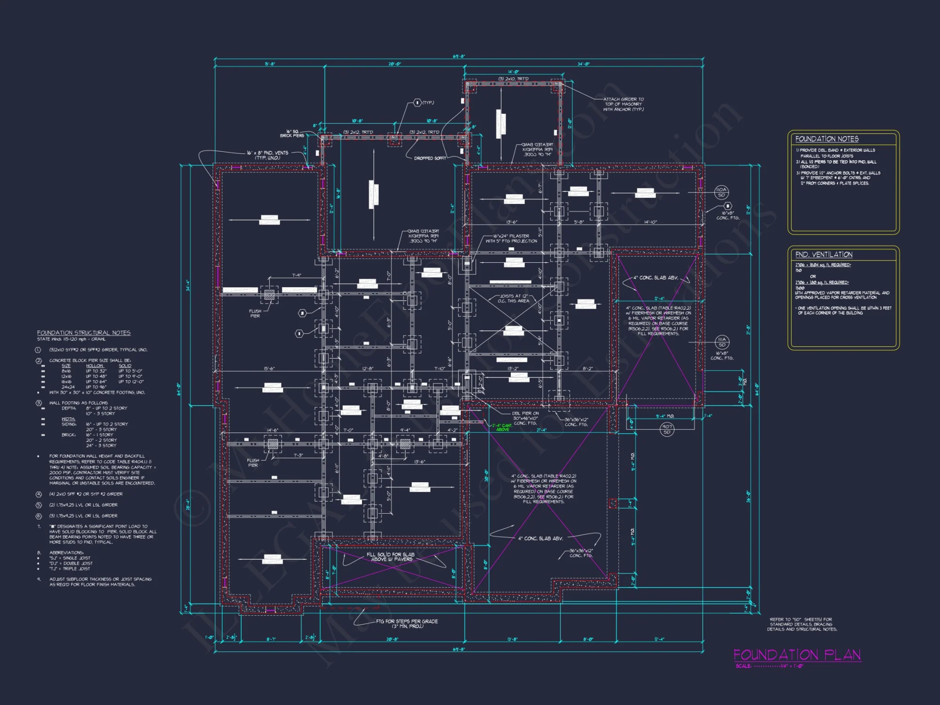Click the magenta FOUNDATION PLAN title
[797, 655]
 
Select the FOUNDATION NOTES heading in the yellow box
[827, 139]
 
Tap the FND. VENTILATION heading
[823, 255]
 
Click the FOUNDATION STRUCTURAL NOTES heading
[84, 333]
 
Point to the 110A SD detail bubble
[721, 192]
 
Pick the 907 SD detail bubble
[666, 429]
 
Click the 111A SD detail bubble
[722, 342]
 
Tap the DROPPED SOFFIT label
[430, 158]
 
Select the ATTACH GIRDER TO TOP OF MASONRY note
[623, 104]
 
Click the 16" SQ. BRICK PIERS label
[292, 133]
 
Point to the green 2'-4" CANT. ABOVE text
[502, 427]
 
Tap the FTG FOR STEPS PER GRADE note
[407, 624]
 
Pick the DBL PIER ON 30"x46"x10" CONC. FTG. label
[525, 418]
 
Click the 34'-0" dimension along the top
[583, 64]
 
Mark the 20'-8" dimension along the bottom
[392, 639]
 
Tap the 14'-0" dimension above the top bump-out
[513, 72]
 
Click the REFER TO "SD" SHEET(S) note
[802, 624]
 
